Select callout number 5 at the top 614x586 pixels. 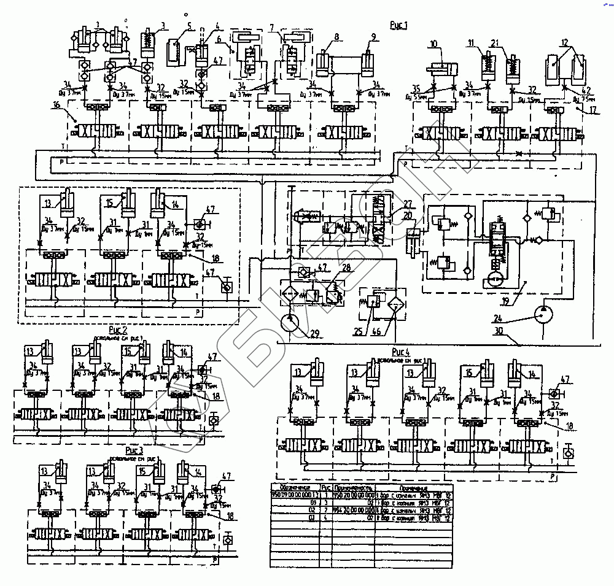(x=189, y=26)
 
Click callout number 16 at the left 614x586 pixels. (x=56, y=106)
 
